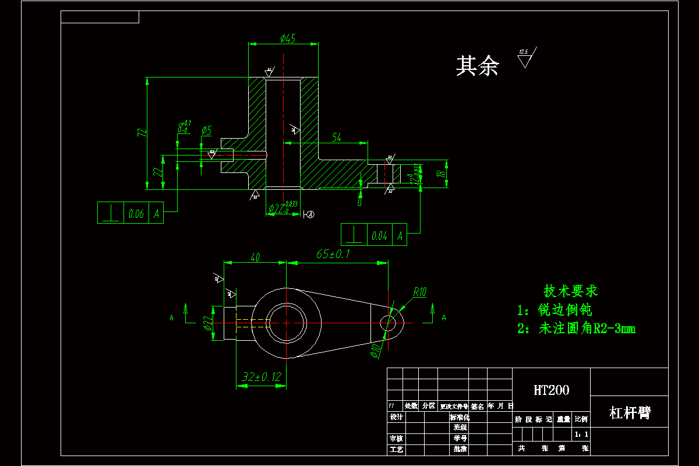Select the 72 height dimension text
tap(140, 133)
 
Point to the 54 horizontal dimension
tap(337, 137)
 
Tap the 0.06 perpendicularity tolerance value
tap(136, 214)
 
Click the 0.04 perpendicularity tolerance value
tap(379, 236)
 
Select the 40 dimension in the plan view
tap(255, 257)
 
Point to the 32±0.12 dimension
tap(260, 377)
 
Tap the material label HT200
tap(551, 390)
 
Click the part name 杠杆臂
tap(629, 413)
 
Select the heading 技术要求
tap(571, 291)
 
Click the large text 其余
tap(477, 66)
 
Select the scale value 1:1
tap(581, 435)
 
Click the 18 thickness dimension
tap(441, 174)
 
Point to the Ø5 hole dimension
tap(206, 130)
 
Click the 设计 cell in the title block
tap(396, 417)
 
